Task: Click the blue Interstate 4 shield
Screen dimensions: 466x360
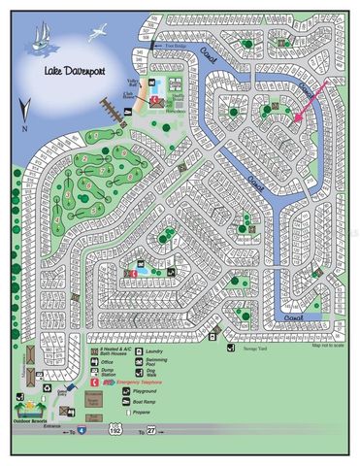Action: click(x=82, y=428)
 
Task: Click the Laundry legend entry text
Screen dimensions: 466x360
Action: click(x=155, y=350)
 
